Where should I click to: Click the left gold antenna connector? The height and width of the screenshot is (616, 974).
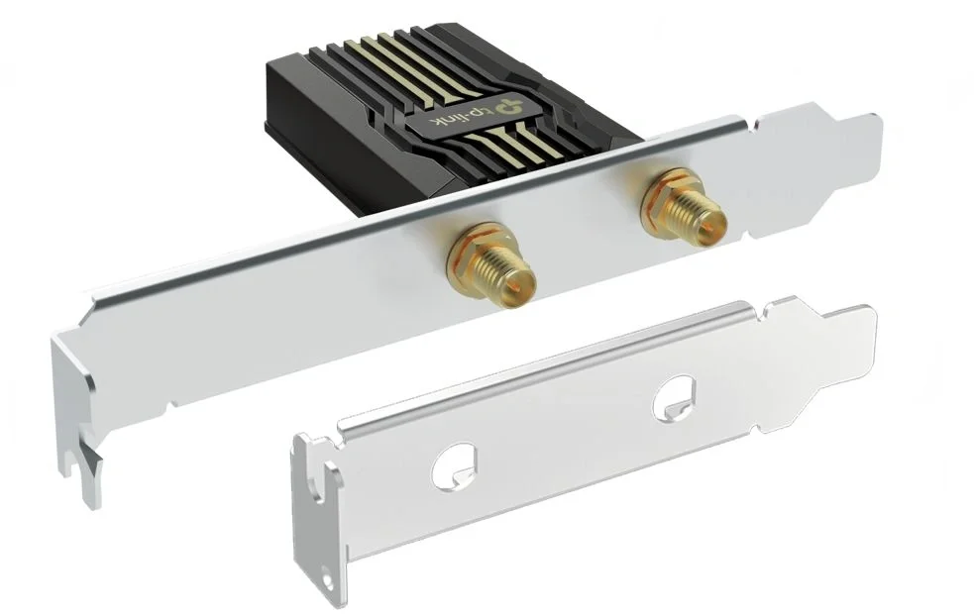pos(491,266)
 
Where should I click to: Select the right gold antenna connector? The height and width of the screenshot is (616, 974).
pos(685,204)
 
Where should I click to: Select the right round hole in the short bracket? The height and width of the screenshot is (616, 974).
pos(674,397)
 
